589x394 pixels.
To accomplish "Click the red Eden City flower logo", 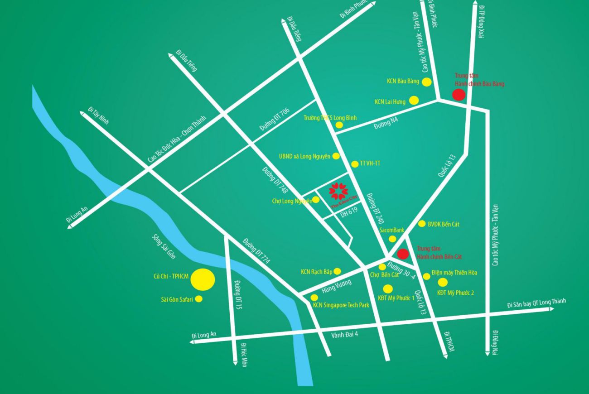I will tap(338, 191).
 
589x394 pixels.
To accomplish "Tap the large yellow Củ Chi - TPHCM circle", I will tap(203, 279).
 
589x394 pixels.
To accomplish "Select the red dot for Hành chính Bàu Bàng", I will tap(459, 95).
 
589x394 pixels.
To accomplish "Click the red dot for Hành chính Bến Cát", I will tap(402, 254).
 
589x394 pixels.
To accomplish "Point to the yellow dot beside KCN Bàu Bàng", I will tap(426, 82).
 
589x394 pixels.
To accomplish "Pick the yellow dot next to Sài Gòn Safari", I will tap(198, 299).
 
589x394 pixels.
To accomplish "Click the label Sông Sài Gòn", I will tap(164, 247).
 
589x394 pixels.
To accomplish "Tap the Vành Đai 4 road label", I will tap(344, 334).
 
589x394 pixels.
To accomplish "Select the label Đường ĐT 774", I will tap(256, 251).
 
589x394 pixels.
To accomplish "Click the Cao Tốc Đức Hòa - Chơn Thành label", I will tap(177, 139).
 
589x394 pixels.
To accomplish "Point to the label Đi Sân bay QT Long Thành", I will tap(536, 303).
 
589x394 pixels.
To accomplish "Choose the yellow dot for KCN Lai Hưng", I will tap(414, 101).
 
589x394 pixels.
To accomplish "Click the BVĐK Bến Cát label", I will tap(443, 224).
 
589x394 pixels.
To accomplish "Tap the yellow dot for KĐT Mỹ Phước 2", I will tap(443, 283).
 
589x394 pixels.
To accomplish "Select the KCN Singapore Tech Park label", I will tap(341, 305).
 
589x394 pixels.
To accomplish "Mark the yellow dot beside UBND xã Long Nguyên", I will tap(336, 156).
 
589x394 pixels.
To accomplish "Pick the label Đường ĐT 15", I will tap(239, 295).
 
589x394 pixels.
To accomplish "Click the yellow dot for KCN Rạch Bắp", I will tap(337, 271).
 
